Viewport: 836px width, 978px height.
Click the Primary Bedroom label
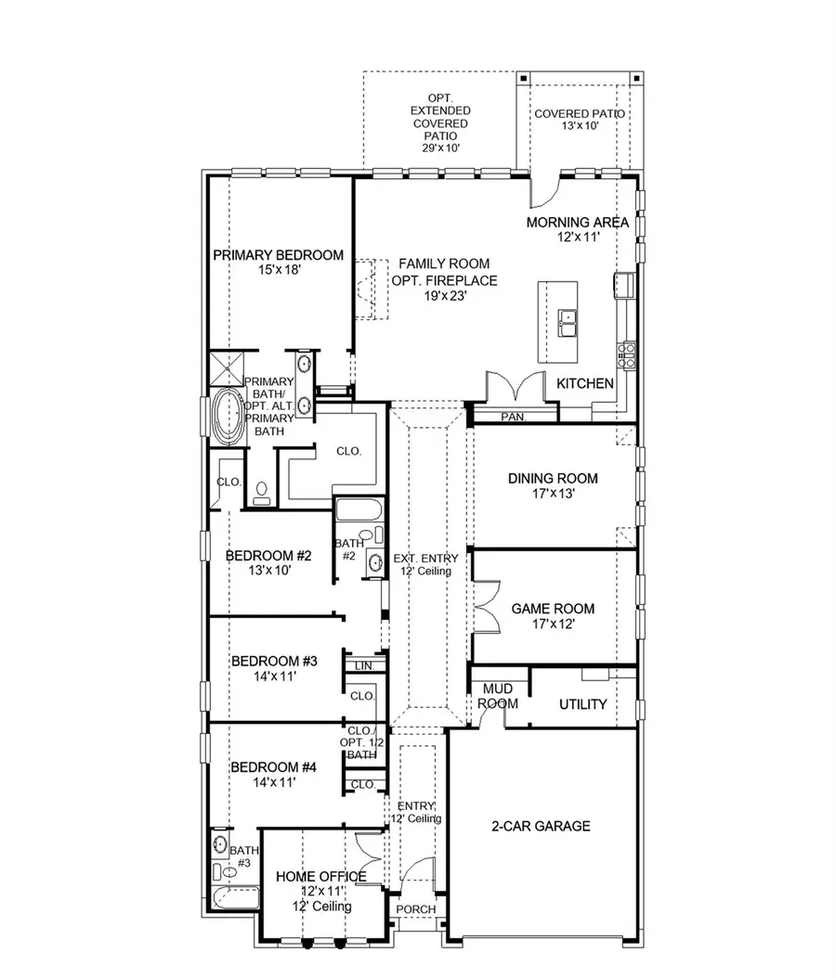click(278, 255)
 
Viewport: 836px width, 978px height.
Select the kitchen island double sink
click(568, 323)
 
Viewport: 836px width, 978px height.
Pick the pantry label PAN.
click(513, 418)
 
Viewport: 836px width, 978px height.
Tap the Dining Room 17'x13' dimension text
click(553, 495)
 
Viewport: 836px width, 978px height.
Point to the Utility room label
click(582, 704)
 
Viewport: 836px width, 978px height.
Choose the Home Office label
click(320, 876)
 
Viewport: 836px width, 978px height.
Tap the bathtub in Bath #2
click(353, 512)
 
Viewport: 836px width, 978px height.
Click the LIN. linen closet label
click(361, 666)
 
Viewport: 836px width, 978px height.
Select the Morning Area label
click(578, 223)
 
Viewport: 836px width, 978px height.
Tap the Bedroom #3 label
click(274, 662)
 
